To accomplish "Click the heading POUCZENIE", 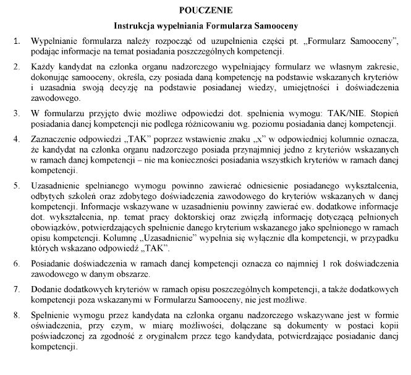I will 205,11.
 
